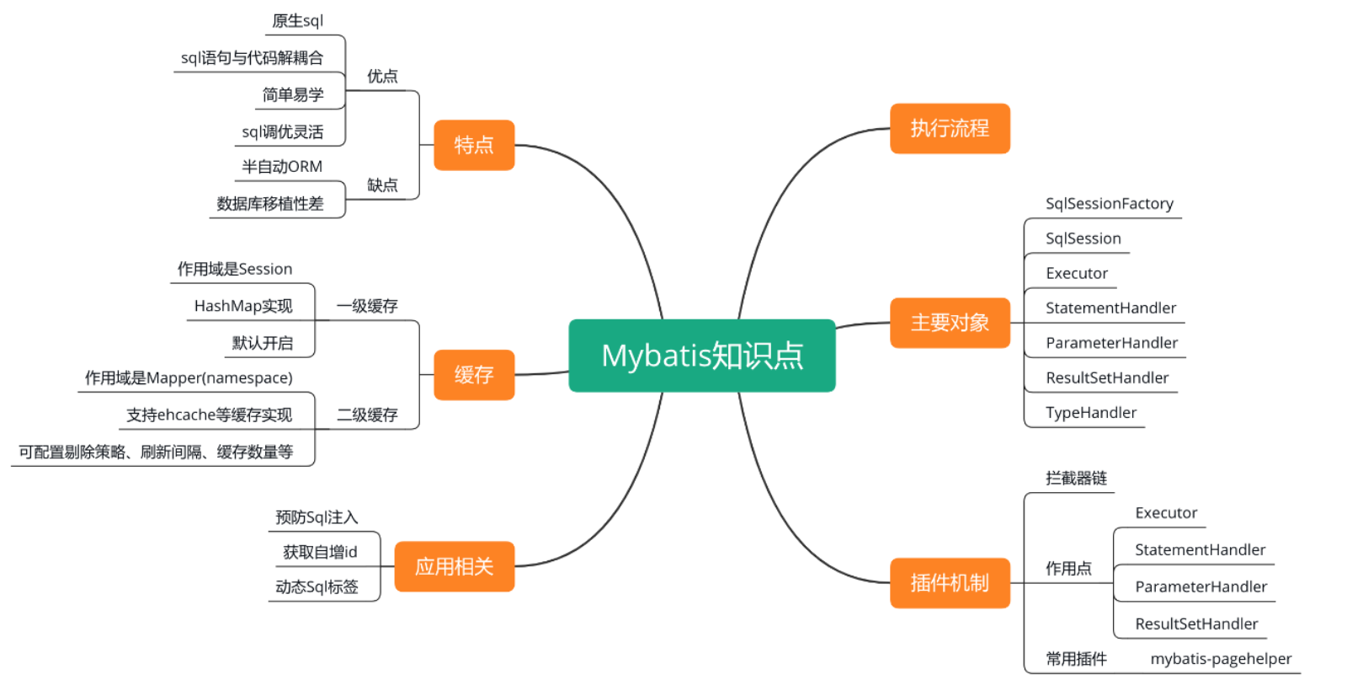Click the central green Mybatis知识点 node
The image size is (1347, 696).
click(x=701, y=356)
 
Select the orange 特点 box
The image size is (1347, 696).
click(x=474, y=145)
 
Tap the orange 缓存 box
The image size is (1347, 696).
click(x=474, y=375)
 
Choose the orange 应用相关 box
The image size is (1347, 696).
click(x=454, y=566)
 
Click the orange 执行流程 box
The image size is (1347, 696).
click(x=950, y=128)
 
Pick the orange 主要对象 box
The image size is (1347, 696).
click(x=950, y=323)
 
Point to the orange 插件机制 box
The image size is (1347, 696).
click(x=950, y=582)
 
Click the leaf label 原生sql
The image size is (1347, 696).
click(x=297, y=21)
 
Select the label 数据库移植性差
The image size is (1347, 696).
click(x=270, y=203)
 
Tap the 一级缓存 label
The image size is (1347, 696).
click(x=367, y=306)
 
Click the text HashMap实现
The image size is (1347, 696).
click(x=243, y=306)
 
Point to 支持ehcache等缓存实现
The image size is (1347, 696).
click(x=209, y=415)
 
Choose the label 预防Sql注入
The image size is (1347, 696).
click(x=317, y=517)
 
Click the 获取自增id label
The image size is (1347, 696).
click(x=320, y=552)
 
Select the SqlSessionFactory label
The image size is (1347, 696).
click(x=1109, y=203)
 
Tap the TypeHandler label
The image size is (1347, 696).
click(x=1091, y=412)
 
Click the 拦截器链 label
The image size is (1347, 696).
click(x=1076, y=479)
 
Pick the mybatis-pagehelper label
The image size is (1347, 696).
click(x=1221, y=659)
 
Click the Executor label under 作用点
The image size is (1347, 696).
click(x=1166, y=513)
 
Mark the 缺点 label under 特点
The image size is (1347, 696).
click(x=382, y=185)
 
